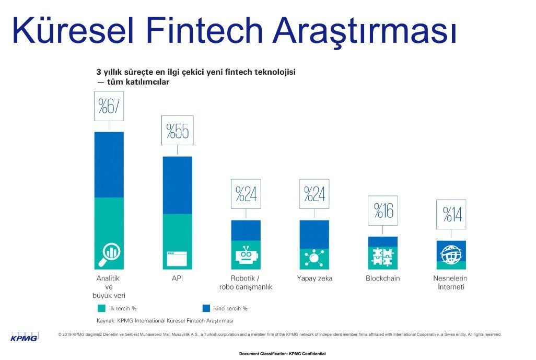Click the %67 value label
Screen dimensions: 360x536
point(109,107)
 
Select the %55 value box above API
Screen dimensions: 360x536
point(177,131)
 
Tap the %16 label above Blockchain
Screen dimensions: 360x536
point(382,211)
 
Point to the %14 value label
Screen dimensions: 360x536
point(451,214)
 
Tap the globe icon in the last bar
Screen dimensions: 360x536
point(451,255)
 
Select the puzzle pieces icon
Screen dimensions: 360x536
point(382,256)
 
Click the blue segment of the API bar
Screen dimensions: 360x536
point(177,185)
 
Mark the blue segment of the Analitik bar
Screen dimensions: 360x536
point(109,165)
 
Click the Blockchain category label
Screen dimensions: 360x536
point(382,278)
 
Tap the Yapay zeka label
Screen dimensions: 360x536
point(314,278)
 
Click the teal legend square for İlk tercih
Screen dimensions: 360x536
point(101,308)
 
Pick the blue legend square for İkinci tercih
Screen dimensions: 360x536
point(206,308)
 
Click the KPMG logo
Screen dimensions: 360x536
point(24,336)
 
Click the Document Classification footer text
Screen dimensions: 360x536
point(282,354)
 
